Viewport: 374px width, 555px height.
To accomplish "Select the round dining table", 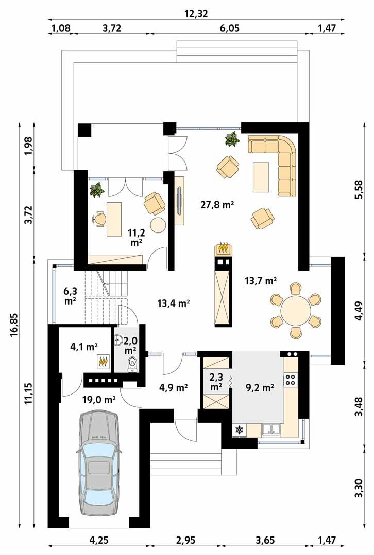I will tap(296, 310).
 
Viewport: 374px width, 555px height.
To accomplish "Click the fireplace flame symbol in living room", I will tap(223, 248).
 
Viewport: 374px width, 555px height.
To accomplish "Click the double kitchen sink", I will tap(270, 429).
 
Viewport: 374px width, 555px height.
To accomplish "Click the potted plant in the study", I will tap(96, 190).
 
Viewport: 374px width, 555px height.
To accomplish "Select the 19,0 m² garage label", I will tap(98, 399).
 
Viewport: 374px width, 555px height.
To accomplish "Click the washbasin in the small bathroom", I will tap(119, 340).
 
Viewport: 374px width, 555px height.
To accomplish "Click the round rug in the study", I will tap(158, 225).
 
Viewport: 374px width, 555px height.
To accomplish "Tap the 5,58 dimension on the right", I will tap(359, 191).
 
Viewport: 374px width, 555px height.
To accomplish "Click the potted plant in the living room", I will tap(232, 139).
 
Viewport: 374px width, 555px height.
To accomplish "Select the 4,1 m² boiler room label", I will tap(84, 347).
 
